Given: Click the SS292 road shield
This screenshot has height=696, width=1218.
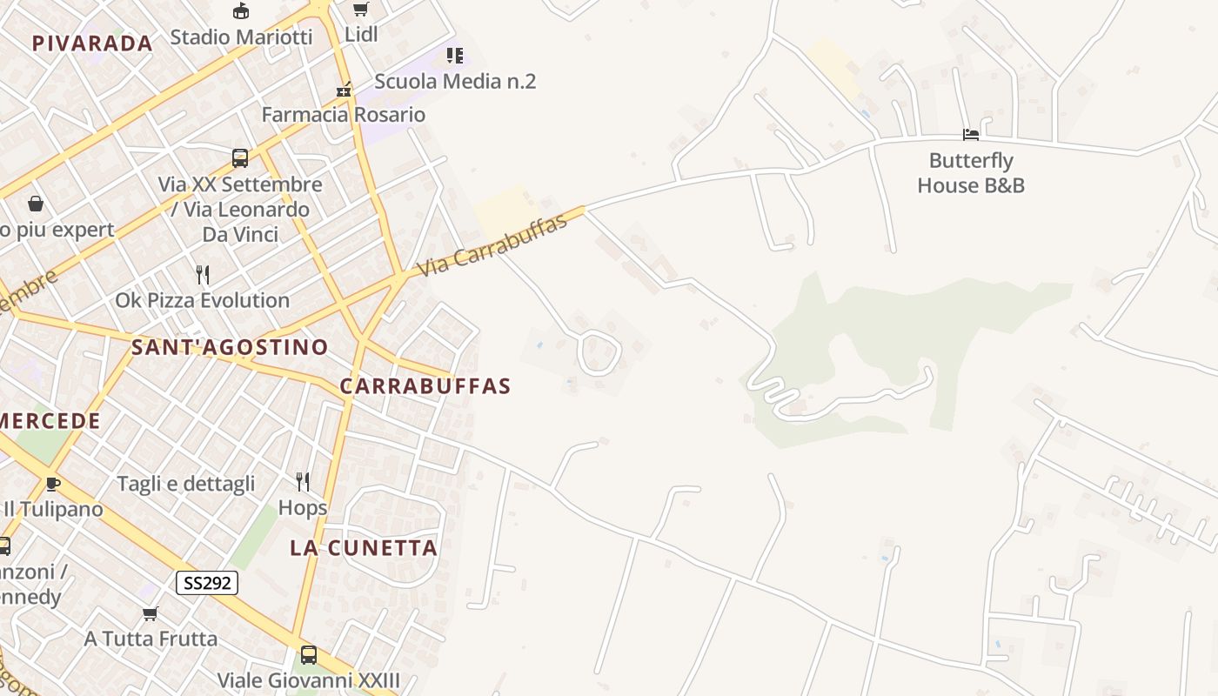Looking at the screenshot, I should [207, 583].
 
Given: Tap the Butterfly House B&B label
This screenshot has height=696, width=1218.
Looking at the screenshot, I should [971, 173].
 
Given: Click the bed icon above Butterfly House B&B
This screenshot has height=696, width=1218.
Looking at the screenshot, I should [971, 134].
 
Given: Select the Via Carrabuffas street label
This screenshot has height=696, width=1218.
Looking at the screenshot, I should [493, 244].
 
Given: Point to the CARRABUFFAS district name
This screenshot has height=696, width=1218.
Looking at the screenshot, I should [425, 386].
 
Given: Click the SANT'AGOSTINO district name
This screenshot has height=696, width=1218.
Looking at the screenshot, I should [230, 347].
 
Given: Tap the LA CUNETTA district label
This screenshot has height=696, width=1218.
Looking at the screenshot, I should [364, 548].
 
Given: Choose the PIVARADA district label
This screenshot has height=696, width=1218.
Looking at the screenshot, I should [92, 43].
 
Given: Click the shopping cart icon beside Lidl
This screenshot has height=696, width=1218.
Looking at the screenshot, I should [360, 10].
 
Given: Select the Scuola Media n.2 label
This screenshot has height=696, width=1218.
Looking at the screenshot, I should [455, 82].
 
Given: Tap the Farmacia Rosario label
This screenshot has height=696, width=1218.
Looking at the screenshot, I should [344, 115].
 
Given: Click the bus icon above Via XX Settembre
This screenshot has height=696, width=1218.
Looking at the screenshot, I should [240, 158].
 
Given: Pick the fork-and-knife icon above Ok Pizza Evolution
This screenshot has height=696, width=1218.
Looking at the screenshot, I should [203, 275].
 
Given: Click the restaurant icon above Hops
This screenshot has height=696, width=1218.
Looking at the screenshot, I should [303, 482].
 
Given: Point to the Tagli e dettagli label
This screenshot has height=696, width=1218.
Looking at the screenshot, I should [186, 484].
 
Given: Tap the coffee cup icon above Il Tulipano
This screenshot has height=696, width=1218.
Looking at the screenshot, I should [53, 484].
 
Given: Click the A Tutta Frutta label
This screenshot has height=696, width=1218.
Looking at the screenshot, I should [151, 639].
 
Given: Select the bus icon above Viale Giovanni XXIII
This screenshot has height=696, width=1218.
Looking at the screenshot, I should [309, 654].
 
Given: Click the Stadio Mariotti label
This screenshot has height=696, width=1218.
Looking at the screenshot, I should [241, 37].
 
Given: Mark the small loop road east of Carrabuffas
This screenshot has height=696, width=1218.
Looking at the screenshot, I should [599, 352].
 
